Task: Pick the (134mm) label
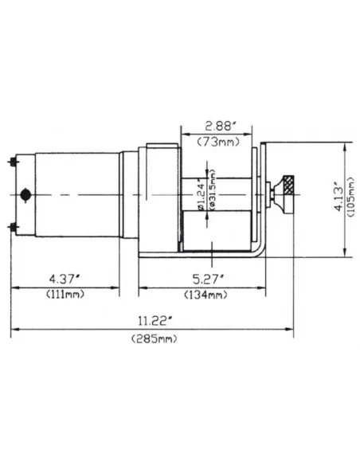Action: pos(208,294)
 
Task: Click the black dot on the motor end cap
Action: pos(26,194)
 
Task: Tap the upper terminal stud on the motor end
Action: pos(14,162)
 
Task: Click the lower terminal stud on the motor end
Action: pos(14,228)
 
